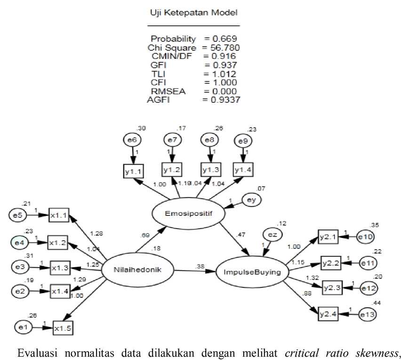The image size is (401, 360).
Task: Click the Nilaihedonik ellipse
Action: (137, 270)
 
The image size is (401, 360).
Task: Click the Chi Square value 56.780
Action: (222, 48)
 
